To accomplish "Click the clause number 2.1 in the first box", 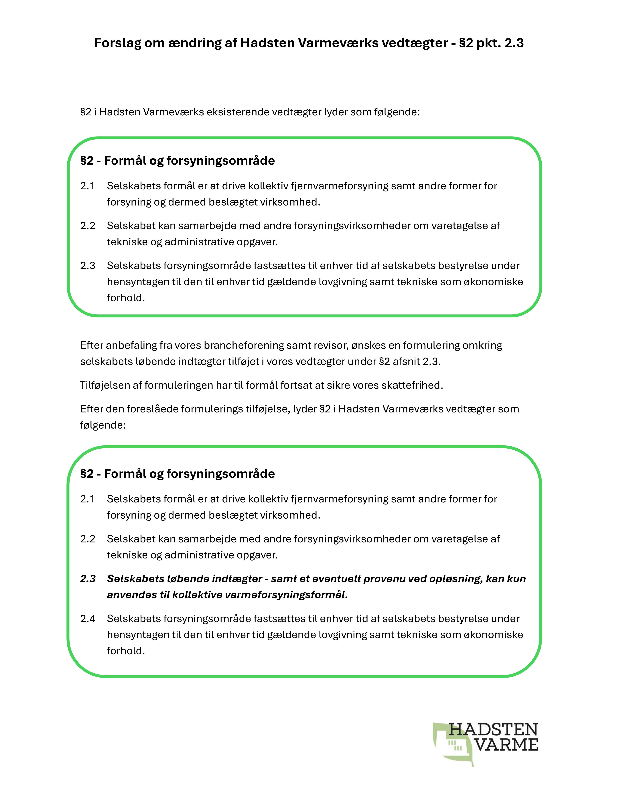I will [x=88, y=186].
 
